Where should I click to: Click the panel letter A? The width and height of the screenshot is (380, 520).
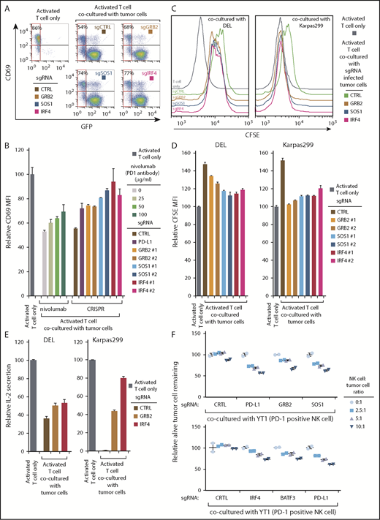(6, 7)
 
